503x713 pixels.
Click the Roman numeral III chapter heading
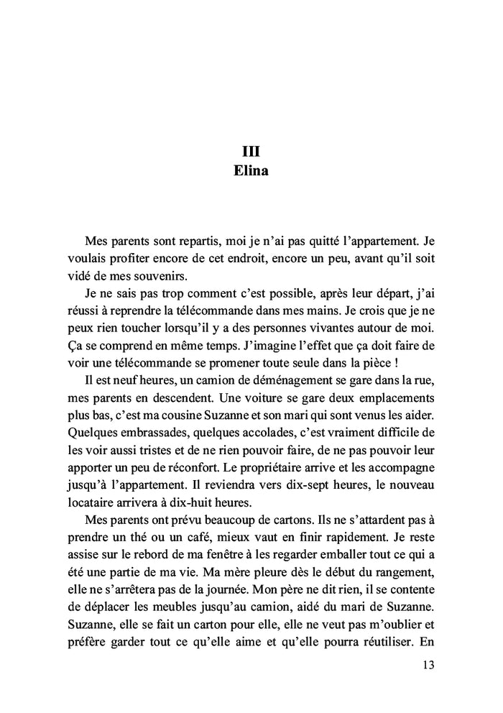[251, 152]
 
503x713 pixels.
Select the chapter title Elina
[251, 172]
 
